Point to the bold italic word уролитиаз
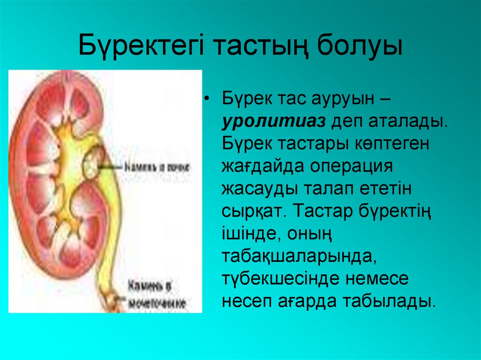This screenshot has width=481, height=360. point(274,122)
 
